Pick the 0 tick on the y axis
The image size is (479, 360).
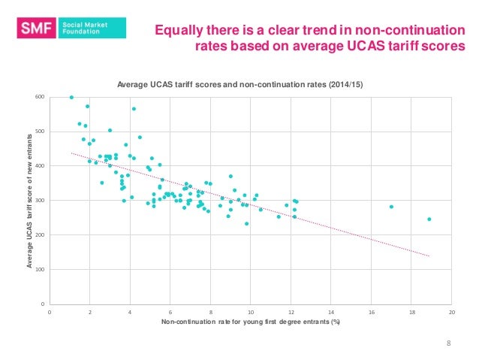44,304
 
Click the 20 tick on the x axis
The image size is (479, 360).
451,311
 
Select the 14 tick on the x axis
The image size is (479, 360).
331,311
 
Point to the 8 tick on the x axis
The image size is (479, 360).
211,311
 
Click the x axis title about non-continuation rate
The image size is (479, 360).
251,322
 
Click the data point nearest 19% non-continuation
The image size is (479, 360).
429,219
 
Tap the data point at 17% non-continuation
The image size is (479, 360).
391,207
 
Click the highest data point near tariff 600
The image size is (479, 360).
71,97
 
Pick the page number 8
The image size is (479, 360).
448,343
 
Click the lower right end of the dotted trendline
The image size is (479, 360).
429,256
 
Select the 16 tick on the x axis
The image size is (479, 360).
371,311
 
